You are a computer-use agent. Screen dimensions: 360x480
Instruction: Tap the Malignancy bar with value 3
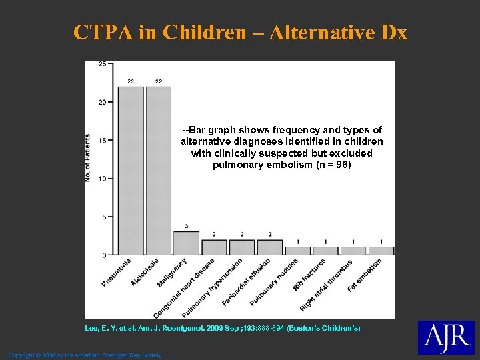coord(186,243)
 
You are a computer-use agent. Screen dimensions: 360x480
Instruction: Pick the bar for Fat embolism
coord(381,251)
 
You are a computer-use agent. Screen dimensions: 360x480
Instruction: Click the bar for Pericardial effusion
coord(269,247)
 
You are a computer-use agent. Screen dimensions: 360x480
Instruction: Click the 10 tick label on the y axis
coord(102,178)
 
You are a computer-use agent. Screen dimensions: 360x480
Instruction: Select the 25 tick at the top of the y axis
coord(102,64)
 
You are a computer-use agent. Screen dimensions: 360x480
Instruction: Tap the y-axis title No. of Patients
coord(88,158)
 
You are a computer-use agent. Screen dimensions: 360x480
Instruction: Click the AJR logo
coord(445,337)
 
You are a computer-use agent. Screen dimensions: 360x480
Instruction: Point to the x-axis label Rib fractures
coord(309,274)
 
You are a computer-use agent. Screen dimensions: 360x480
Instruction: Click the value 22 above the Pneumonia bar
coord(131,81)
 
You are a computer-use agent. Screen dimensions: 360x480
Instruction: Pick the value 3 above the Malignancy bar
coord(186,226)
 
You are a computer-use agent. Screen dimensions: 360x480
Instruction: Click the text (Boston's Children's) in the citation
coord(323,329)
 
